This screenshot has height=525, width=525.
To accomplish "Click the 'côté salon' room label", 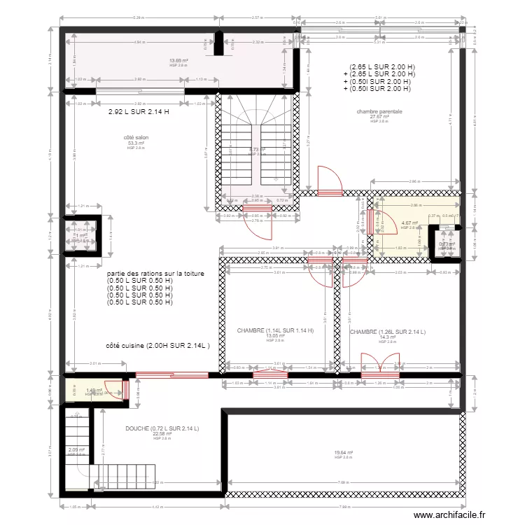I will tap(136, 138).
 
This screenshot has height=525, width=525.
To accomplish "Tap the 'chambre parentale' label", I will tap(379, 111).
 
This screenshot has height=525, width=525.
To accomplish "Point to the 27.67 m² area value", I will tap(379, 116).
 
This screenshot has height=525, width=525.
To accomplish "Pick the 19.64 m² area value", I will tap(343, 452).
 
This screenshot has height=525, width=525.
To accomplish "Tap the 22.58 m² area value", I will tap(162, 433).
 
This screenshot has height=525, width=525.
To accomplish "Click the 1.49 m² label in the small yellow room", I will tap(94, 391).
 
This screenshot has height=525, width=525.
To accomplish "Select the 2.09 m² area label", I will tap(76, 450).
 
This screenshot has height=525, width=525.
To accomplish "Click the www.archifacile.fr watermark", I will tap(449, 515).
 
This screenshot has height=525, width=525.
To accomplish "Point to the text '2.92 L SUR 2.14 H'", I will tap(139, 112).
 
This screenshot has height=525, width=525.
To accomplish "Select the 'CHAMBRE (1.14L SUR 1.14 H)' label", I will tap(275, 331).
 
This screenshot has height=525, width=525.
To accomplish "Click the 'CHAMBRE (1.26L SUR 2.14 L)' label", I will tap(388, 332).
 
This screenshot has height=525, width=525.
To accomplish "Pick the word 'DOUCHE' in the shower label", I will tap(138, 428).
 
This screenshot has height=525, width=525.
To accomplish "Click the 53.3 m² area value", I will tap(136, 143).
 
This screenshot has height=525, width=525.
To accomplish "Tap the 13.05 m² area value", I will tap(275, 336).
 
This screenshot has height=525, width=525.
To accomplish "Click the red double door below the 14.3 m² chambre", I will tap(379, 365).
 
